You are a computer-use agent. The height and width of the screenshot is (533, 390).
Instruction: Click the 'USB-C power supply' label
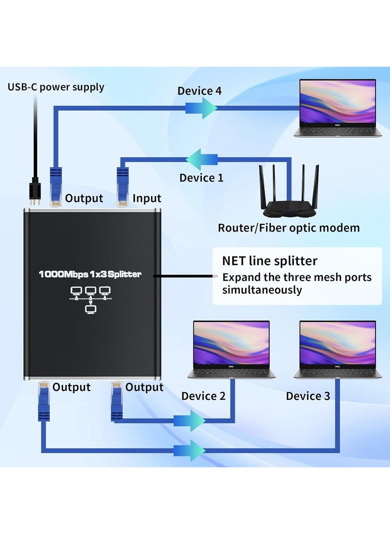point(56,87)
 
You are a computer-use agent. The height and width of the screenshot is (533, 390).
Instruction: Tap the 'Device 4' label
point(199,91)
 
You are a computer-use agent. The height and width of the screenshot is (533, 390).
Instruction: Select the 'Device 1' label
point(201,178)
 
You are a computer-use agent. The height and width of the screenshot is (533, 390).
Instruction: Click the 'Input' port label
point(147,198)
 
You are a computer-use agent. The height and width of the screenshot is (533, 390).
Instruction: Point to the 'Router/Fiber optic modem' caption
point(289,228)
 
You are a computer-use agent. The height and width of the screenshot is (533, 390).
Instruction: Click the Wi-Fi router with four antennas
point(288,192)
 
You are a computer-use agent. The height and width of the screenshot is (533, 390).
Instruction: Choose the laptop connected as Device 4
point(337,107)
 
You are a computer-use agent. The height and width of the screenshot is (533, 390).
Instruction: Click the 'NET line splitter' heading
point(270,261)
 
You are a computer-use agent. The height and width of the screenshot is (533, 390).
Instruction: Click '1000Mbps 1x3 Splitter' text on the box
point(90,275)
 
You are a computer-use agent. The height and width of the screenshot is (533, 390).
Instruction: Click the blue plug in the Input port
point(122,186)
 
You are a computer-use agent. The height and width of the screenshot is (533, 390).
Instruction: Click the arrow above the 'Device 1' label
point(201,158)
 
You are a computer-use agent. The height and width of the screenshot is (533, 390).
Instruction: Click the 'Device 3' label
point(308,396)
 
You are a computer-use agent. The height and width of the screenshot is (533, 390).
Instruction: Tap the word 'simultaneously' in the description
point(262,290)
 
